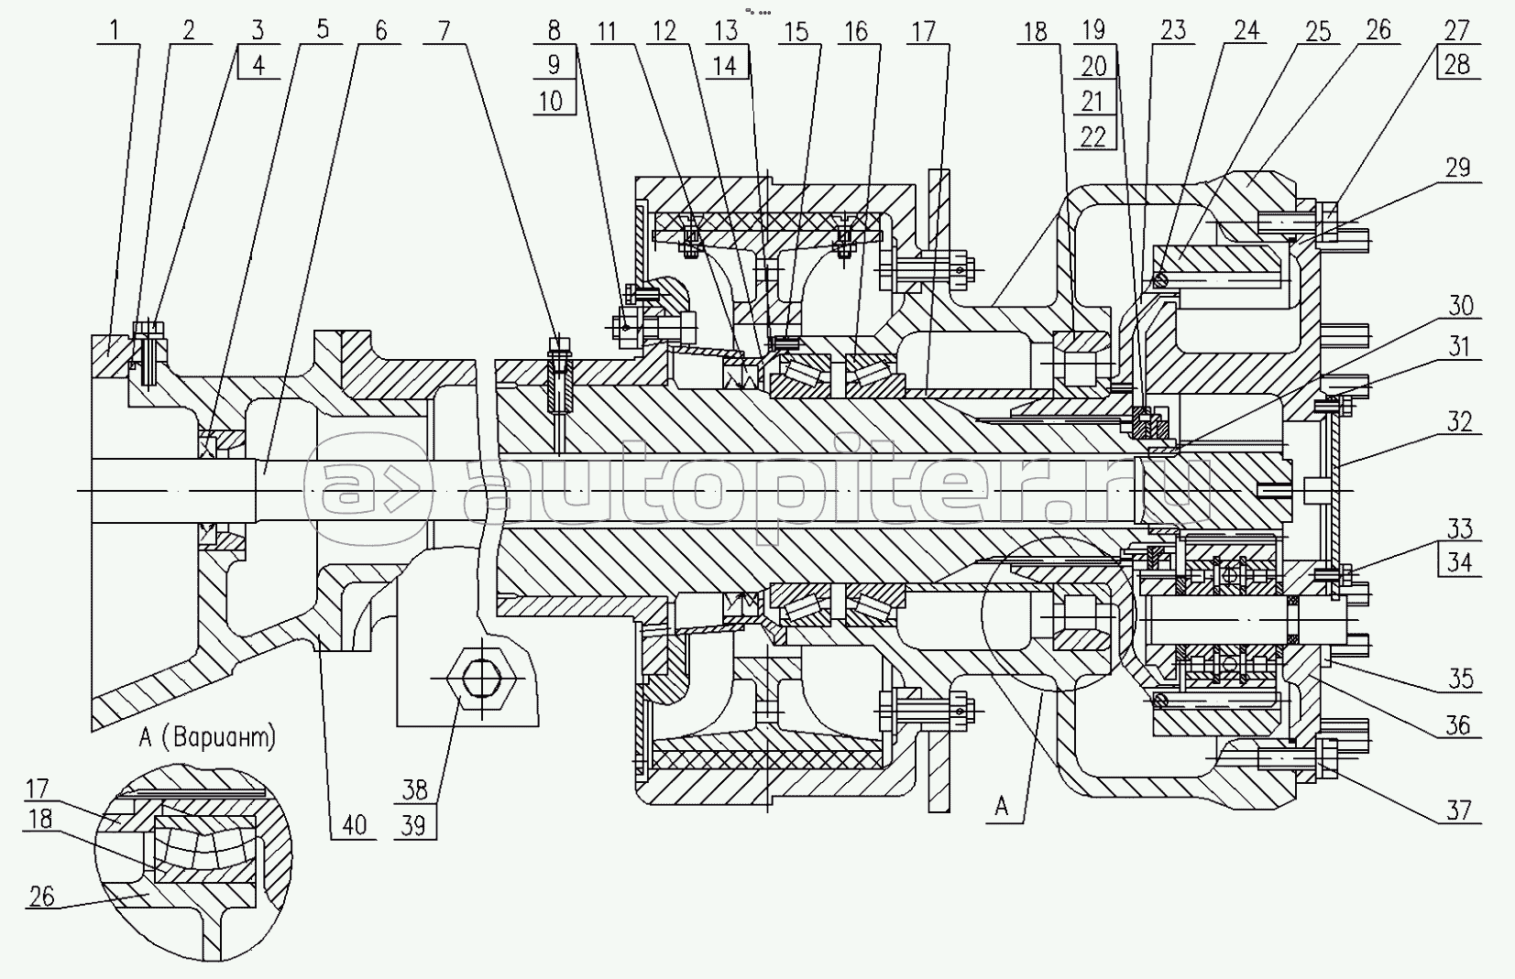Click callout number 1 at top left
pos(115,29)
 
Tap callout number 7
pos(445,29)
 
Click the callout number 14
pos(727,65)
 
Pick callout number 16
pos(855,29)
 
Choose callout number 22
pos(1093,136)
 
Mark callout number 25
pos(1317,29)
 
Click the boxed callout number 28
pos(1456,65)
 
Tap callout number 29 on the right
pos(1457,167)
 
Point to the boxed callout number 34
pos(1459,561)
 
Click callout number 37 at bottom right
pos(1458,810)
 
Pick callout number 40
pos(354,824)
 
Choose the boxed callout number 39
pos(414,824)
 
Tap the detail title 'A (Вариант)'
pos(209,736)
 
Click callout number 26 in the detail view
pos(42,896)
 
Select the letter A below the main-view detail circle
pos(1002,806)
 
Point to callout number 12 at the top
pos(664,29)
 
